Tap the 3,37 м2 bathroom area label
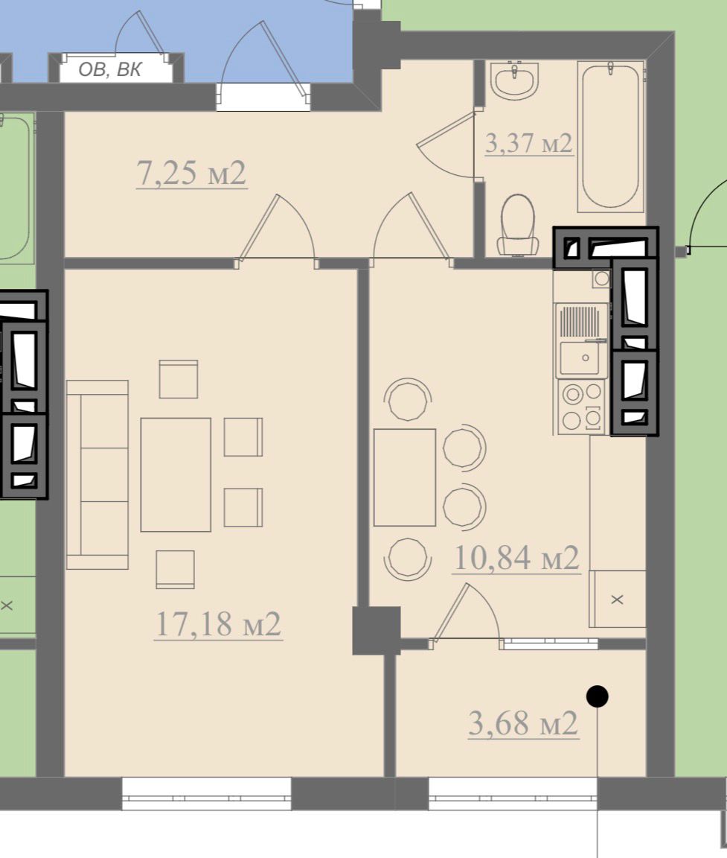[x=528, y=143]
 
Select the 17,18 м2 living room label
[x=218, y=624]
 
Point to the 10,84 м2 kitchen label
[x=516, y=558]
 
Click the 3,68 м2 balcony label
[x=523, y=723]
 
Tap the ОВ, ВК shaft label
[x=110, y=69]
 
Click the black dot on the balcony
[x=597, y=696]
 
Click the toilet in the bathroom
[x=517, y=225]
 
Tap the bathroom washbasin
[x=514, y=80]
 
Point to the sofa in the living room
[x=97, y=474]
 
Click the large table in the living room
[x=176, y=474]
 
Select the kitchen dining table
[x=405, y=477]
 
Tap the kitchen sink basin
[x=580, y=357]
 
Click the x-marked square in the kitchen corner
[x=617, y=599]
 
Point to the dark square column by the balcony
[x=376, y=630]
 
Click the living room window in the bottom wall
[x=206, y=793]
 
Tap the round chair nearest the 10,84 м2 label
[x=464, y=507]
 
